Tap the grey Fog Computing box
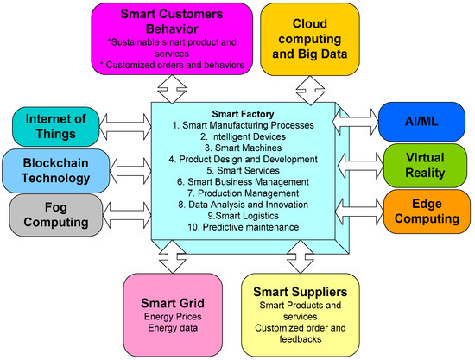pos(52,215)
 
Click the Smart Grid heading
pos(169,302)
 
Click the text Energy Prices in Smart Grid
pos(169,316)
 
